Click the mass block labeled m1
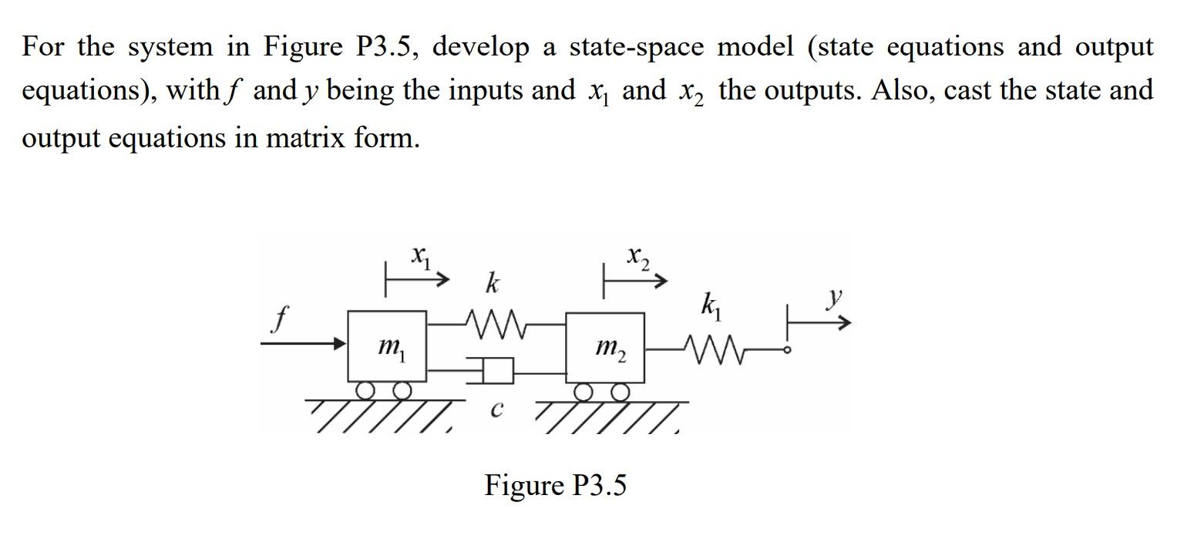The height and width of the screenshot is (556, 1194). tap(387, 346)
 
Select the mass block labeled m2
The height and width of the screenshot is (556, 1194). tap(606, 348)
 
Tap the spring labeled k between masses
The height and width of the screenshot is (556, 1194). tap(494, 325)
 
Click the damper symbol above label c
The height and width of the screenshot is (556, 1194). tap(497, 371)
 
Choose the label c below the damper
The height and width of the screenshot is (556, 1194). tap(497, 410)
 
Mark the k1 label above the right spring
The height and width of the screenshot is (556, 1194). tap(709, 305)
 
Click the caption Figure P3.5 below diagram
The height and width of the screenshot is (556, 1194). tap(555, 486)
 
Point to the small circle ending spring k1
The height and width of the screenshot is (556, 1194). tap(787, 350)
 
